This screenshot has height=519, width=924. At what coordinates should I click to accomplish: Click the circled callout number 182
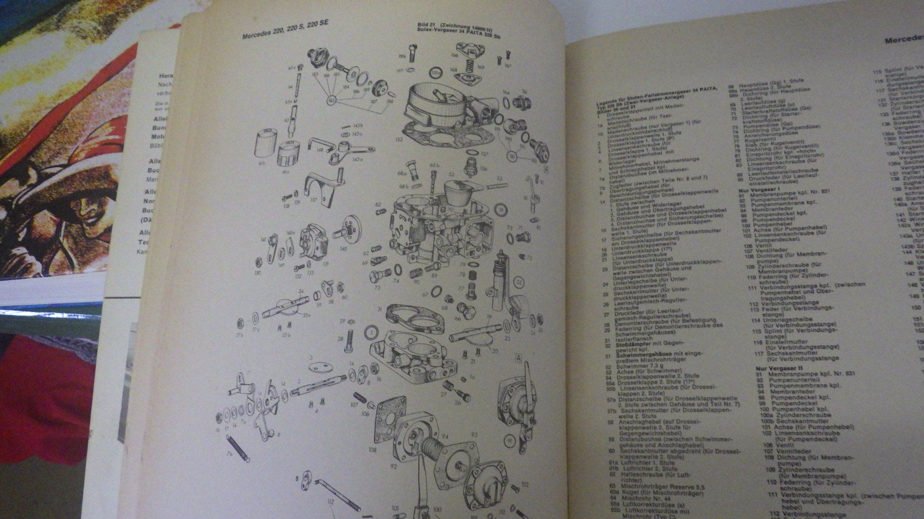(332, 98)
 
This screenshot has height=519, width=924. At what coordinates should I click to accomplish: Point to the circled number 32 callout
(519, 282)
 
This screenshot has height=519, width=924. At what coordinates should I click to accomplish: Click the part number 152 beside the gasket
(398, 138)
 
